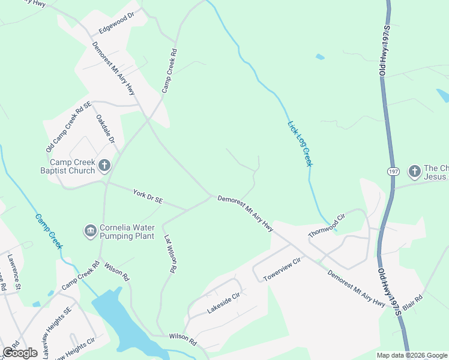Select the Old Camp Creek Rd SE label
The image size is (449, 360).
pyautogui.click(x=68, y=127)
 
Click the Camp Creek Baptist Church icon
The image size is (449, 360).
pyautogui.click(x=104, y=166)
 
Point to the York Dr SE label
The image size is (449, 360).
pyautogui.click(x=147, y=196)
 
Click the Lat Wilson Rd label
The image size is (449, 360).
pyautogui.click(x=170, y=254)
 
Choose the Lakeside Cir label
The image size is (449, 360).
pyautogui.click(x=223, y=303)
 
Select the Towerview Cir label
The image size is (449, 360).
pyautogui.click(x=281, y=270)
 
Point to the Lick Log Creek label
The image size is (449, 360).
pyautogui.click(x=300, y=144)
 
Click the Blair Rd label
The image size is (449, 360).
pyautogui.click(x=413, y=302)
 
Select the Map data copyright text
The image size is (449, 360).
pyautogui.click(x=412, y=355)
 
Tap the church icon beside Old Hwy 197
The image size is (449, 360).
pyautogui.click(x=414, y=172)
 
